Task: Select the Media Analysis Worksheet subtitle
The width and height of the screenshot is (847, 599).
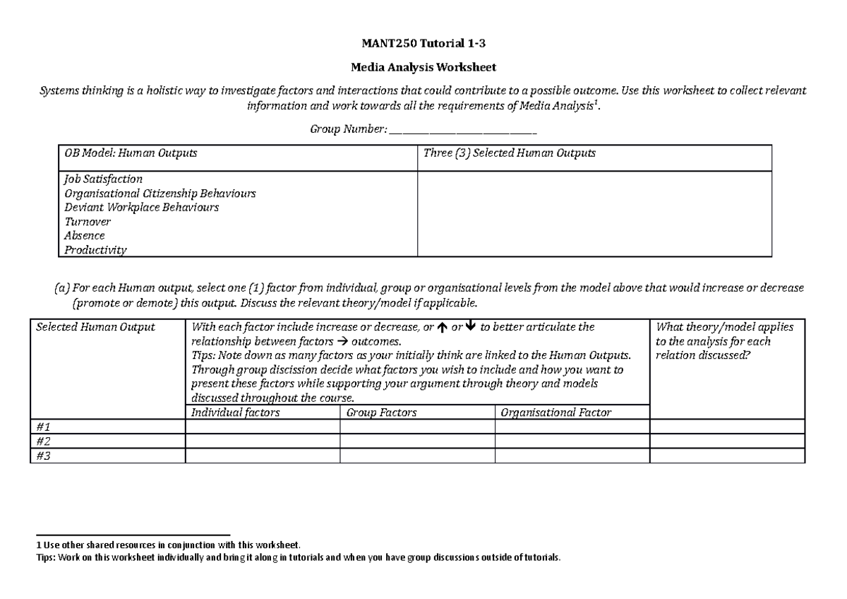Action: coord(423,68)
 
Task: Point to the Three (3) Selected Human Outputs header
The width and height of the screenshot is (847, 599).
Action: coord(509,153)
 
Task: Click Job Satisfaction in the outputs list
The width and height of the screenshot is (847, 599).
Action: coord(104,179)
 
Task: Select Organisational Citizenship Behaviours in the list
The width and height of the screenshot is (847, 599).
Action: coord(160,194)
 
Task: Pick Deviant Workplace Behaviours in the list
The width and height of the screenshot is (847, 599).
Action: coord(141,208)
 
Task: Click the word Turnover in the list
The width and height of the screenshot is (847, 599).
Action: coord(88,222)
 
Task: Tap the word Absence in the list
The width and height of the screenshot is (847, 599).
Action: coord(85,236)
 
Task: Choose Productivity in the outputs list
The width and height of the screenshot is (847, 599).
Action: coord(96,250)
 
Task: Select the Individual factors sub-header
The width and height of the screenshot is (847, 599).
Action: coord(235,413)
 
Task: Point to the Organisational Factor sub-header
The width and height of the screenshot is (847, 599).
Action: coord(555,413)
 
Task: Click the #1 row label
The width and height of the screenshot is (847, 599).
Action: coord(44,427)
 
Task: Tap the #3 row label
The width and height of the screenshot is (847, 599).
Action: coord(44,456)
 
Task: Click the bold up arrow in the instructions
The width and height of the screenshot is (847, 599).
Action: coord(441,327)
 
